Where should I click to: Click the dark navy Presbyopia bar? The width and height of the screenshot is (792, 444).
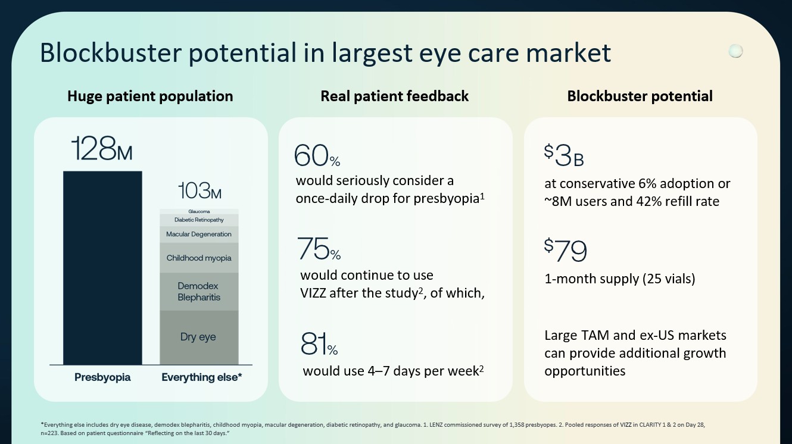click(x=102, y=268)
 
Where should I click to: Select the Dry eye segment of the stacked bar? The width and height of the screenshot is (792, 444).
click(x=198, y=337)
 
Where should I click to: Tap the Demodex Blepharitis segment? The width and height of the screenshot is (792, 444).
click(x=198, y=292)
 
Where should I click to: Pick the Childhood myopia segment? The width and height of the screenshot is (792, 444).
click(x=198, y=258)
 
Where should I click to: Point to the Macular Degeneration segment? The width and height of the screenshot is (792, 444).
click(x=198, y=234)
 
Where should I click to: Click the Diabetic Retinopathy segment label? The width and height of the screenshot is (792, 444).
click(x=198, y=220)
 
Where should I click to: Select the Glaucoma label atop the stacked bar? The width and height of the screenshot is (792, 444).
click(x=198, y=211)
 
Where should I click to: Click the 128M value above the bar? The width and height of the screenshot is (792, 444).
click(x=101, y=149)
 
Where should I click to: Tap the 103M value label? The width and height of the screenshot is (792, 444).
click(x=199, y=191)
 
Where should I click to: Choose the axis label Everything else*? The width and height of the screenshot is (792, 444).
click(x=201, y=377)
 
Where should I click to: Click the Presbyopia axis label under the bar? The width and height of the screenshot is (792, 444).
click(x=102, y=377)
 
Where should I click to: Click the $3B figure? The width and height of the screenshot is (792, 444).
click(x=563, y=156)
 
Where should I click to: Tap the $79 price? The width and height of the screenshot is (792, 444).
click(x=565, y=251)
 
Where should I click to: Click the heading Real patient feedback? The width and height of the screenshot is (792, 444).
click(x=394, y=96)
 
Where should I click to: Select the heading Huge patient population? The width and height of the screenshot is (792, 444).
click(x=150, y=96)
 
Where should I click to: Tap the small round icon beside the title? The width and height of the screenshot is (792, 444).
click(x=736, y=51)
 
